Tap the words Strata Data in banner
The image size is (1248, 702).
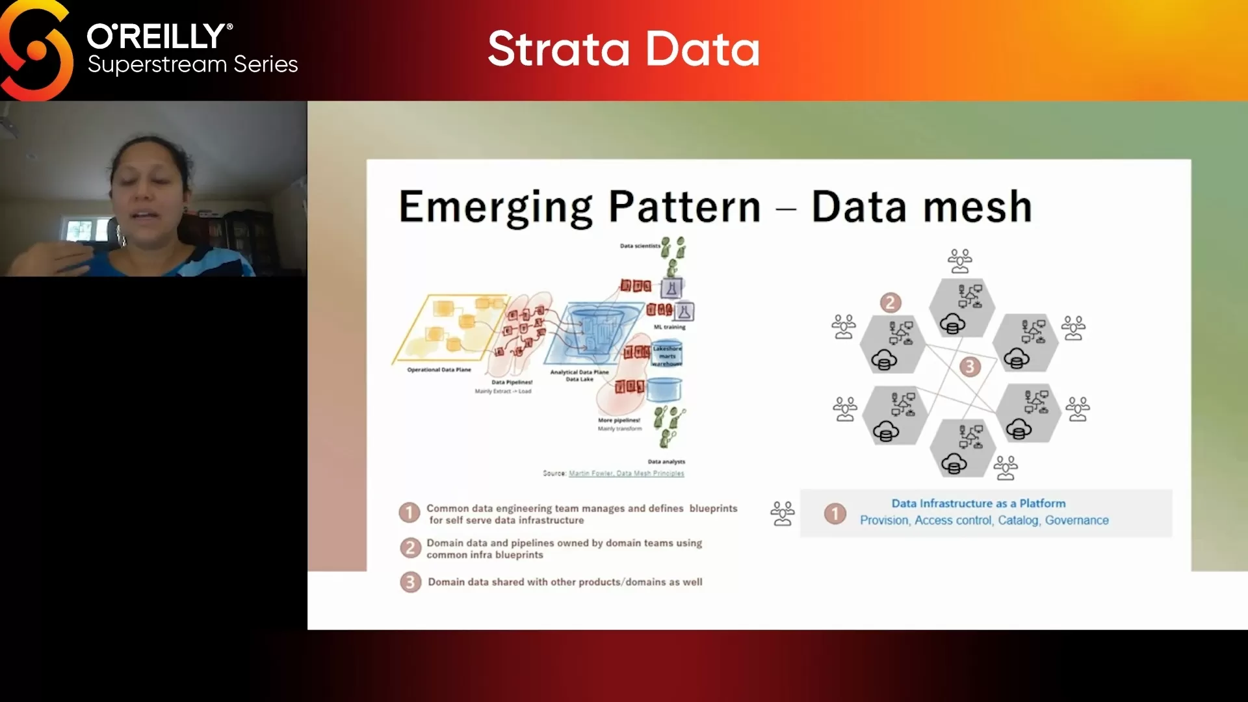click(623, 49)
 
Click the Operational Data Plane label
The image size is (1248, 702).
click(439, 370)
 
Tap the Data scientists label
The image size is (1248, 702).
click(640, 246)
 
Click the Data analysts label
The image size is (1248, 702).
click(666, 461)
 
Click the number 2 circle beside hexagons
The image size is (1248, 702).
click(890, 302)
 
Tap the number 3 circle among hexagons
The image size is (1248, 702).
click(969, 367)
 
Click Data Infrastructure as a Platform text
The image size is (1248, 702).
click(978, 503)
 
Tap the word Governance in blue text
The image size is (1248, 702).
click(1076, 520)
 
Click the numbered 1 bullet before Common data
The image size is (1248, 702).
click(409, 513)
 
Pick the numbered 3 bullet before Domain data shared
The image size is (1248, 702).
click(410, 582)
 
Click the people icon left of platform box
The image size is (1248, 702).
click(782, 513)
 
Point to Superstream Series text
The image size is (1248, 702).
click(192, 64)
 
